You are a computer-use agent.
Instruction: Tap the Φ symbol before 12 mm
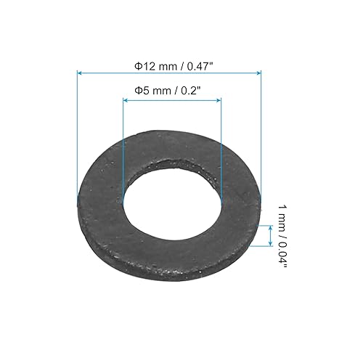(138, 65)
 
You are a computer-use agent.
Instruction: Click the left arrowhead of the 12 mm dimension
(79, 73)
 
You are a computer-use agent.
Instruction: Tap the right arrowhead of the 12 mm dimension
(258, 73)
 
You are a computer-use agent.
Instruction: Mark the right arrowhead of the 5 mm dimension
(219, 101)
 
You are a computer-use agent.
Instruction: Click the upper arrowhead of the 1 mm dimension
(271, 227)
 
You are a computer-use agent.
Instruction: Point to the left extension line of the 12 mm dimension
(77, 131)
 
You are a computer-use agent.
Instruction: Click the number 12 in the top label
(147, 65)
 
